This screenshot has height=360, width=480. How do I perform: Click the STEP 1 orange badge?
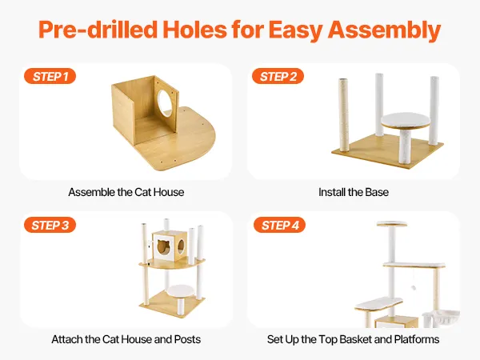pyautogui.click(x=50, y=76)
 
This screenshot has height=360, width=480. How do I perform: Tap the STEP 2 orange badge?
pyautogui.click(x=278, y=76)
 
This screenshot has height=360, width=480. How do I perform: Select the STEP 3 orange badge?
pyautogui.click(x=50, y=225)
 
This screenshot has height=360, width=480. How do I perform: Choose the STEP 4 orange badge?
pyautogui.click(x=279, y=225)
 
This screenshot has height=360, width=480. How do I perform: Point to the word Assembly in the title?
pyautogui.click(x=385, y=30)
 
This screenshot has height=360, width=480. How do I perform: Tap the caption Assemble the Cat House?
pyautogui.click(x=126, y=192)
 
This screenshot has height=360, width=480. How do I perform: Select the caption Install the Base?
pyautogui.click(x=354, y=192)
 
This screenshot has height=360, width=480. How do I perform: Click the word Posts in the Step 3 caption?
pyautogui.click(x=187, y=339)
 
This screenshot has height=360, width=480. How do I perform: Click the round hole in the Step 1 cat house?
pyautogui.click(x=166, y=103)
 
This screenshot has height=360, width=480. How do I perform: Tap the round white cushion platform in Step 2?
pyautogui.click(x=406, y=120)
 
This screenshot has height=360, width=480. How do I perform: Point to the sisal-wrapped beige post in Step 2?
pyautogui.click(x=343, y=115)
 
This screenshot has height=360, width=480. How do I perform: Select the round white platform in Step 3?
pyautogui.click(x=181, y=290)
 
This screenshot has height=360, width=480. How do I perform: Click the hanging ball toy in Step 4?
pyautogui.click(x=414, y=288)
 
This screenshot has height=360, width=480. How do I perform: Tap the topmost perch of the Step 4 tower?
pyautogui.click(x=392, y=224)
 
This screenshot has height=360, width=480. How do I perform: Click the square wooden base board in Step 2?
pyautogui.click(x=387, y=151)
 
